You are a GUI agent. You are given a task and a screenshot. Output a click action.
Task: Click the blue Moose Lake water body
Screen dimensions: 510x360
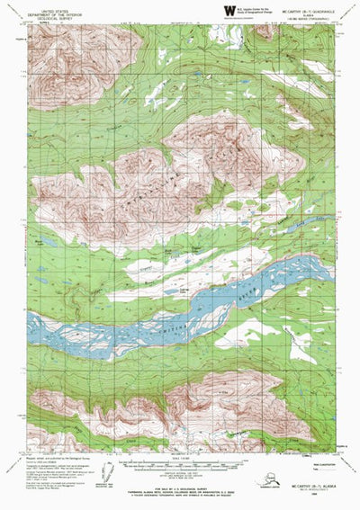tap(40, 246)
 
